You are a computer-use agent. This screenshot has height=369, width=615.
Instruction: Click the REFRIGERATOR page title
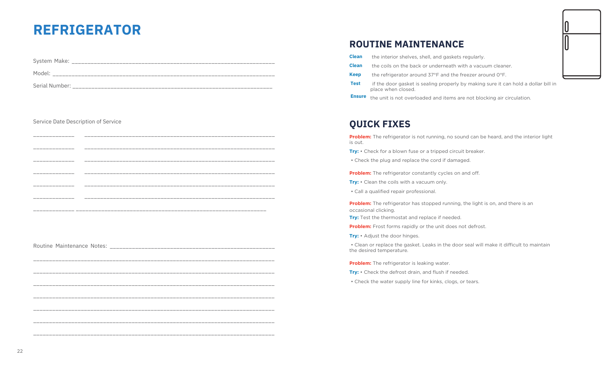(87, 30)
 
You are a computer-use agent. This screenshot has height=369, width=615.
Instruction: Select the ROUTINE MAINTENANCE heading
(406, 44)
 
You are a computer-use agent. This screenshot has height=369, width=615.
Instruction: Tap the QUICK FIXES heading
(380, 124)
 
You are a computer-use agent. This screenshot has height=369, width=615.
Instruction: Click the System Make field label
(51, 61)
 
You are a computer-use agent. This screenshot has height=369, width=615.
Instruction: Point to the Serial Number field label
(52, 86)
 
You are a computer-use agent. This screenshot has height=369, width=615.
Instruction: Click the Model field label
(41, 73)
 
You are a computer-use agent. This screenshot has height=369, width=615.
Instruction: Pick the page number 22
(20, 351)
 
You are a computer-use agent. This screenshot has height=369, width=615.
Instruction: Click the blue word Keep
(355, 75)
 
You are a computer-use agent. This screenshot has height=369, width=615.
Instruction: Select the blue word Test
(355, 84)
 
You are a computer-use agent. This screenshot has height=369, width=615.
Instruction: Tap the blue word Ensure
(358, 97)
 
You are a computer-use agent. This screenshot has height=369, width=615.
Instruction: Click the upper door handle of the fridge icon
(566, 26)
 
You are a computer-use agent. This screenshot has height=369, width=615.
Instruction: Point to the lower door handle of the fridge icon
(566, 43)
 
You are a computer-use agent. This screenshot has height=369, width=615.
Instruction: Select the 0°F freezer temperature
(501, 75)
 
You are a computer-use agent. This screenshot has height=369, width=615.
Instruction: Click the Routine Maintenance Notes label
(70, 246)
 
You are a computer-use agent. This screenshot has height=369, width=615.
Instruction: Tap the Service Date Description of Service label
(77, 122)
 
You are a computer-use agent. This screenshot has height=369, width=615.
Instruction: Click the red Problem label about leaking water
(360, 264)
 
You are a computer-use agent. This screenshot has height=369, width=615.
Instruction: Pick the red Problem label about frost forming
(360, 227)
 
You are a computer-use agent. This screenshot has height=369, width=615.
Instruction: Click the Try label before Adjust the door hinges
(354, 236)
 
